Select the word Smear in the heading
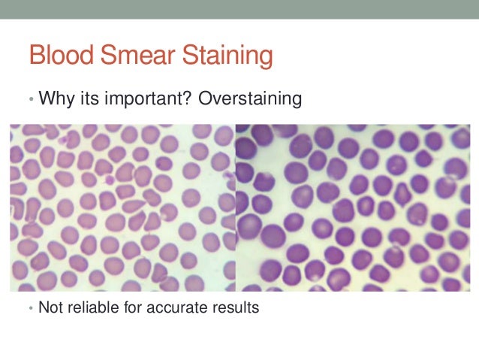131,56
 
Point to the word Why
53,98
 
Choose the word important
138,99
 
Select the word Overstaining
249,99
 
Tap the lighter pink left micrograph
122,207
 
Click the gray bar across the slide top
239,9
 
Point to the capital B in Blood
35,56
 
